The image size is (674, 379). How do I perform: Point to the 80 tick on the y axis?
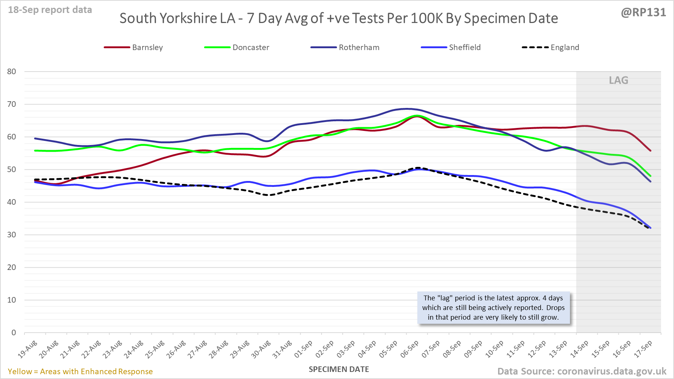(11, 72)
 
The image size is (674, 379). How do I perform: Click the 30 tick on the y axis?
(11, 235)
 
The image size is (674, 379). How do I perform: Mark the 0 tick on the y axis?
(14, 333)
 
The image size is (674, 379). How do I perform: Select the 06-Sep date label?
(410, 349)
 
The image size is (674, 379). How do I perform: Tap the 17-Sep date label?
(643, 349)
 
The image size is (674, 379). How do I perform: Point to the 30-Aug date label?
(261, 349)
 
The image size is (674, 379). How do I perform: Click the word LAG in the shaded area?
(618, 80)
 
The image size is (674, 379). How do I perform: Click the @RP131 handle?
(643, 13)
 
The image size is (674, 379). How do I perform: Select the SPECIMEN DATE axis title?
(339, 369)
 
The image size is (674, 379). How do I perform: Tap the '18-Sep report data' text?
(50, 10)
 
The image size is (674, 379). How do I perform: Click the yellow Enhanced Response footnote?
(80, 372)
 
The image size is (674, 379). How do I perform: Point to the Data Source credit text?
(582, 372)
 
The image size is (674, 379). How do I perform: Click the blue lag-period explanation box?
(493, 308)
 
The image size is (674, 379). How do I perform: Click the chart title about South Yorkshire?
(338, 19)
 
